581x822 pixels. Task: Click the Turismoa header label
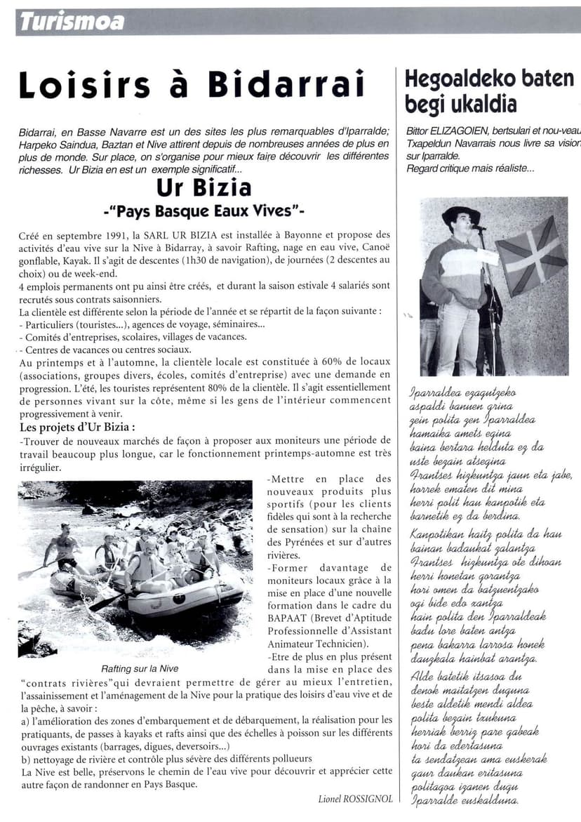tap(72, 22)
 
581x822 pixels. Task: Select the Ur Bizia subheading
tap(203, 188)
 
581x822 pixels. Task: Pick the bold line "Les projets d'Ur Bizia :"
tap(77, 427)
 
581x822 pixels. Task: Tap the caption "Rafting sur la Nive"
tap(140, 668)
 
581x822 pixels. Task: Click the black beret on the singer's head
tap(460, 212)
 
